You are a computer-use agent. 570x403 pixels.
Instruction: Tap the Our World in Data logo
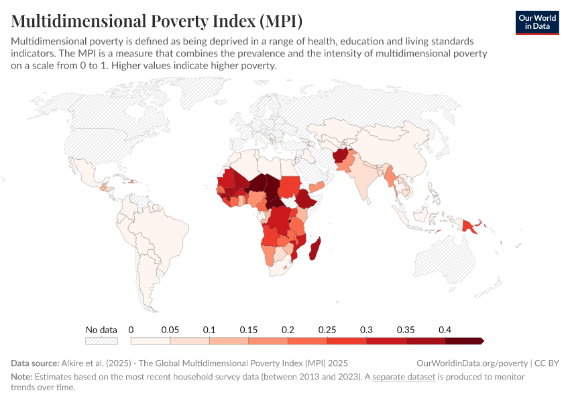[x=536, y=22]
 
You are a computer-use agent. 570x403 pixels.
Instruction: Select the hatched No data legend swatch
[x=101, y=341]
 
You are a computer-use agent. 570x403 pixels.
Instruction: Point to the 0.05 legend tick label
[x=170, y=330]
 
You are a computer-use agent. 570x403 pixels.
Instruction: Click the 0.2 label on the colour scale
[x=288, y=330]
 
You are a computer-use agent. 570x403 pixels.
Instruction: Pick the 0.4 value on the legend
[x=445, y=330]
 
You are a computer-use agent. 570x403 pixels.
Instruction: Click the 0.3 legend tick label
[x=366, y=330]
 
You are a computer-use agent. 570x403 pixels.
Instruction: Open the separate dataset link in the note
[x=404, y=377]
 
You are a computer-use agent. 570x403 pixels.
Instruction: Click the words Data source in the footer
[x=35, y=363]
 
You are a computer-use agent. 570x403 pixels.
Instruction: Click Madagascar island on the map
[x=315, y=248]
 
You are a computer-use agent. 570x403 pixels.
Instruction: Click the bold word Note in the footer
[x=22, y=377]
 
